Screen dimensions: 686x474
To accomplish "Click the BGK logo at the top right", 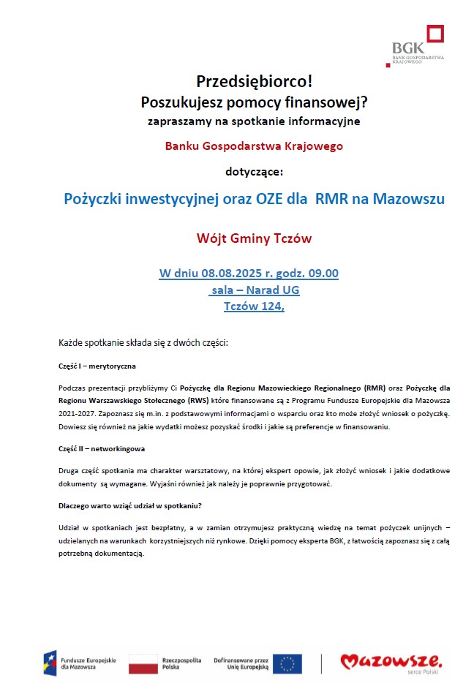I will click(x=418, y=45).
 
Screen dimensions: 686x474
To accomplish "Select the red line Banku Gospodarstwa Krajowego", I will click(x=254, y=146).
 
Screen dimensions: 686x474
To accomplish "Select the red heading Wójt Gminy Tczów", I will click(x=254, y=238).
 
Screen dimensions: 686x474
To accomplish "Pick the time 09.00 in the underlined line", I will click(x=322, y=274).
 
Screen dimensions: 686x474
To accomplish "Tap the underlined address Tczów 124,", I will click(x=254, y=306).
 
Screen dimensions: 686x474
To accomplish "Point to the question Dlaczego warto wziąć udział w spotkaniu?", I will click(x=130, y=505).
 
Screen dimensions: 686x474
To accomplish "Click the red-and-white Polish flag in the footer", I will click(x=143, y=663).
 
